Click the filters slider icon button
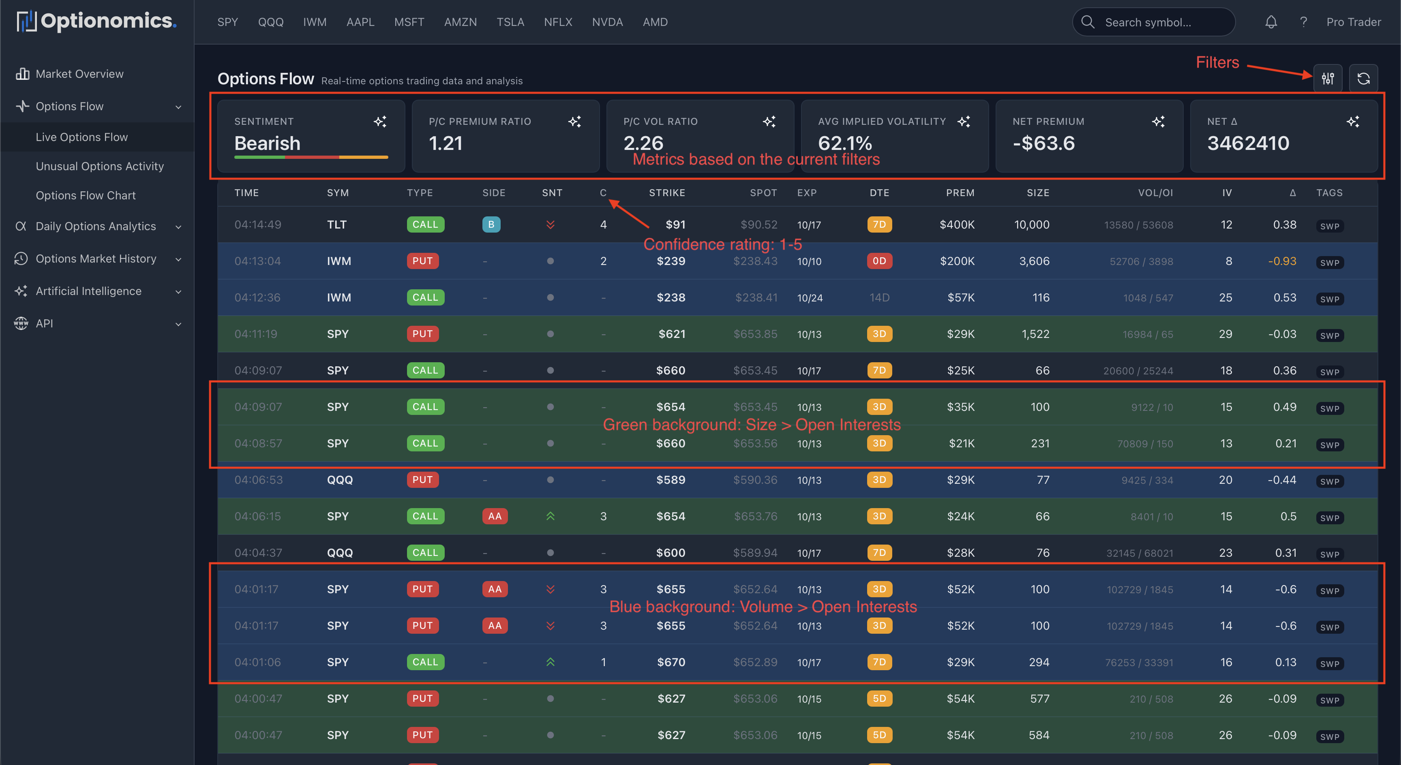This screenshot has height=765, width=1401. [x=1328, y=79]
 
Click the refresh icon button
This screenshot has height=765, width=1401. [x=1363, y=79]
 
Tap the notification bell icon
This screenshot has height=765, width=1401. [x=1270, y=22]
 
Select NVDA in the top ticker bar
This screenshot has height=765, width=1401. [x=607, y=22]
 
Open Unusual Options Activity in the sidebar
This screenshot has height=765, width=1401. [x=100, y=167]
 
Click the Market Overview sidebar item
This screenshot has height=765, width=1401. [x=79, y=74]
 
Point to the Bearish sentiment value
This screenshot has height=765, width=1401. [x=267, y=143]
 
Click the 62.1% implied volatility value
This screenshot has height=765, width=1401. [x=845, y=143]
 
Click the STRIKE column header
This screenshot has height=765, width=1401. [x=667, y=192]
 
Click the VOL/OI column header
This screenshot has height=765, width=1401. [x=1155, y=192]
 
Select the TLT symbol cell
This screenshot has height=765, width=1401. [x=336, y=224]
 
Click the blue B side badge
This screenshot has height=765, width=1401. [x=491, y=224]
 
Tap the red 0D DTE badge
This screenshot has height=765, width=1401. [x=879, y=261]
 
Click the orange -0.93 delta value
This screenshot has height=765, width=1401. [x=1282, y=261]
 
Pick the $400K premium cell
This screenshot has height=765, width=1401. [x=957, y=224]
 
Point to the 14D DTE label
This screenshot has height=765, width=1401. [x=879, y=297]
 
